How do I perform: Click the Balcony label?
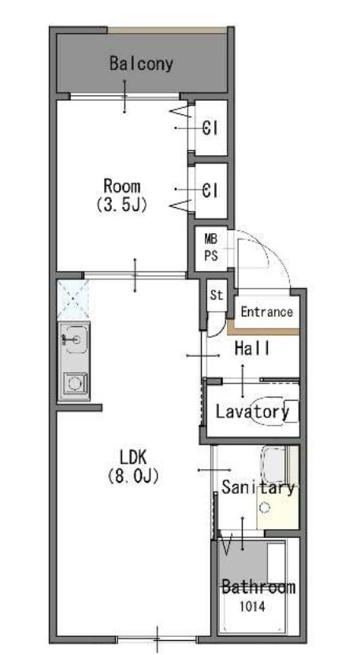coord(141,64)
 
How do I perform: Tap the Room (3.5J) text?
coord(122,195)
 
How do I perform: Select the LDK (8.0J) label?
coord(133,467)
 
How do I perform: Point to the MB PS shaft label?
coord(211,248)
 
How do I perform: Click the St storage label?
coord(217,295)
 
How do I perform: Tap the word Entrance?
coord(267,312)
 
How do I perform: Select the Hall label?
coord(252,348)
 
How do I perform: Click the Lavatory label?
coord(252,412)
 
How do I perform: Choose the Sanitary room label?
coord(258,487)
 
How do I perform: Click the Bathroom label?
coord(258,587)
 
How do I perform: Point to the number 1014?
coord(252,606)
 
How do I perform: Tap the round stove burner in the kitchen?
coord(75,383)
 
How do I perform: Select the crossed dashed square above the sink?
coord(72,299)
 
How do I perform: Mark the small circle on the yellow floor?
coord(264,508)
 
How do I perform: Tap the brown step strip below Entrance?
coord(263,331)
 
